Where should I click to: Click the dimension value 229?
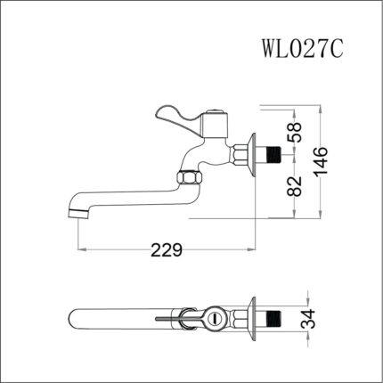coord(167,249)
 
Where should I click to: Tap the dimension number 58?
coord(297,134)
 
